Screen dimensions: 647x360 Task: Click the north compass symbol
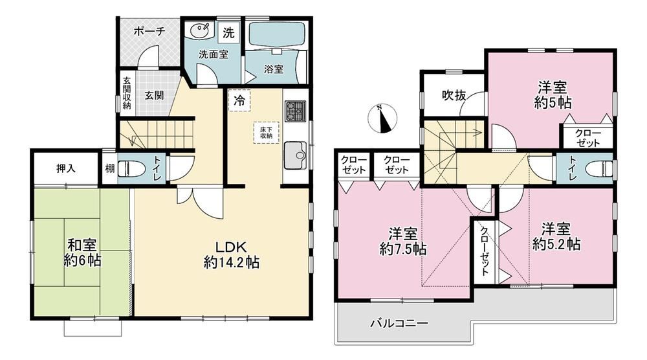pos(384,118)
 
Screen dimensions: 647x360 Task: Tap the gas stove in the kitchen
pos(295,111)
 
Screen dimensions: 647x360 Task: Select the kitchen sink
pos(295,155)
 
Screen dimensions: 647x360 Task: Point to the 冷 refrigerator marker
pos(240,100)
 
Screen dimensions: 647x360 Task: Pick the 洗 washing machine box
pos(228,33)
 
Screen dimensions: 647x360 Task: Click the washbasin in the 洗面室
pos(201,31)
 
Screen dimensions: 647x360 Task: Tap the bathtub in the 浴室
pos(276,35)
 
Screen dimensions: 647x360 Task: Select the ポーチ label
pos(149,31)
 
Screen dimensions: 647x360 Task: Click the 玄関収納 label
pos(126,94)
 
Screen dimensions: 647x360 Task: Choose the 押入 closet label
pos(66,168)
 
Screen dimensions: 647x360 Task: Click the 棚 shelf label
pos(109,168)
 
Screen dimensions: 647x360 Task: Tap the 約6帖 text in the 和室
pos(83,261)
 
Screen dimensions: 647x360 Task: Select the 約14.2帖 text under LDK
pos(232,263)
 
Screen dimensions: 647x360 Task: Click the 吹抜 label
pos(454,96)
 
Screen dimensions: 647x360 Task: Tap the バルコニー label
pos(399,323)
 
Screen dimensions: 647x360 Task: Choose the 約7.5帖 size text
pos(402,249)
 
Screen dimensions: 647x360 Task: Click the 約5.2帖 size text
pos(556,244)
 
